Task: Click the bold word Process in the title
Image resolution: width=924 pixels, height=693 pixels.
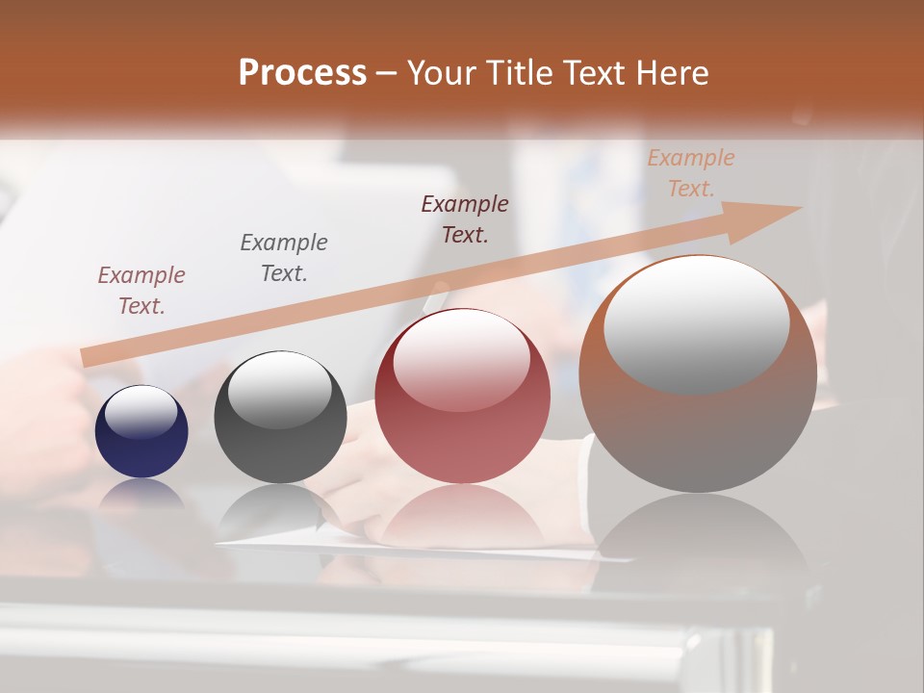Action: click(x=302, y=73)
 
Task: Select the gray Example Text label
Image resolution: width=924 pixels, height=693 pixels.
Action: click(x=284, y=257)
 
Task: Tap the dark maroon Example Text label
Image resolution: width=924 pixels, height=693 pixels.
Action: click(x=465, y=218)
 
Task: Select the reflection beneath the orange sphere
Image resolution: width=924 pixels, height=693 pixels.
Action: click(x=698, y=539)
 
